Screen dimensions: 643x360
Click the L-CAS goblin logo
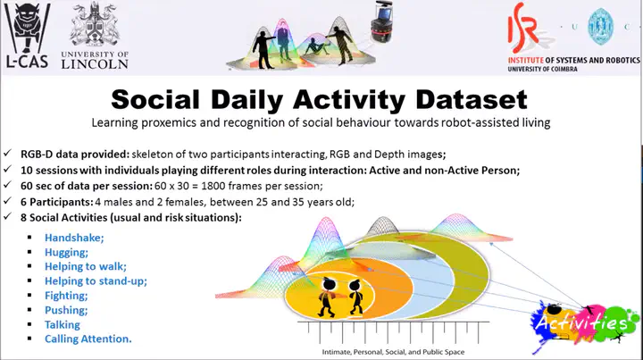[x=27, y=35]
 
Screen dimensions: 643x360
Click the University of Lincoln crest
[x=95, y=25]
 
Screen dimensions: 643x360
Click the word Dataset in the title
[x=472, y=99]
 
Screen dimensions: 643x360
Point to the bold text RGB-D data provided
[x=75, y=155]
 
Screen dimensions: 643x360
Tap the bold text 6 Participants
[x=57, y=202]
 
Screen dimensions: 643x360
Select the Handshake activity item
[x=74, y=238]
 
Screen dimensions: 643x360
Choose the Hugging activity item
[x=66, y=253]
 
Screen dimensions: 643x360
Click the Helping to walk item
[x=86, y=266]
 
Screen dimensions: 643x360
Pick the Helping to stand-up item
[x=96, y=281]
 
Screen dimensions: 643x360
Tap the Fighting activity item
[x=66, y=296]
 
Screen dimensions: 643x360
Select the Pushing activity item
[x=66, y=310]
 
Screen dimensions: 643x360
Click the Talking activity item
[x=63, y=325]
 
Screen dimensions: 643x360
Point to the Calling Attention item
[x=88, y=339]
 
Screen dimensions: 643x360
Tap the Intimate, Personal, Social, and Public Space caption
[x=393, y=352]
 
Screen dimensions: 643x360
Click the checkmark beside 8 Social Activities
[x=7, y=216]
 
